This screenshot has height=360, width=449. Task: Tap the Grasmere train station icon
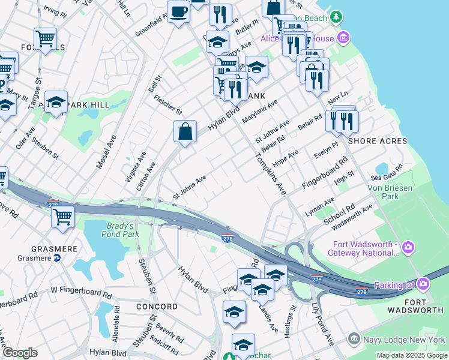57,258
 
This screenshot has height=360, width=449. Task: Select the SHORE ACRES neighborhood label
378,141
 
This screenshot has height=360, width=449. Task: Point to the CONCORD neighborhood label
157,306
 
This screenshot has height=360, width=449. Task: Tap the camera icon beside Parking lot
424,284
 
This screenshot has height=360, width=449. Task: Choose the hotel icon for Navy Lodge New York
354,340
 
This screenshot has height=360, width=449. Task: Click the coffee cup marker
178,12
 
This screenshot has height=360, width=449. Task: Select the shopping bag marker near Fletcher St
185,131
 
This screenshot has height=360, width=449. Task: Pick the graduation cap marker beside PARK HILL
56,103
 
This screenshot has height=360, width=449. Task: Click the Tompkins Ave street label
270,174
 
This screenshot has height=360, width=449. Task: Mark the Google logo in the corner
20,353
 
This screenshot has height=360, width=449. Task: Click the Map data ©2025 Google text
411,355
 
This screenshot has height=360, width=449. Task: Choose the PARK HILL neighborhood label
88,105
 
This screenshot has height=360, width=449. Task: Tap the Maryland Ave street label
259,112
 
